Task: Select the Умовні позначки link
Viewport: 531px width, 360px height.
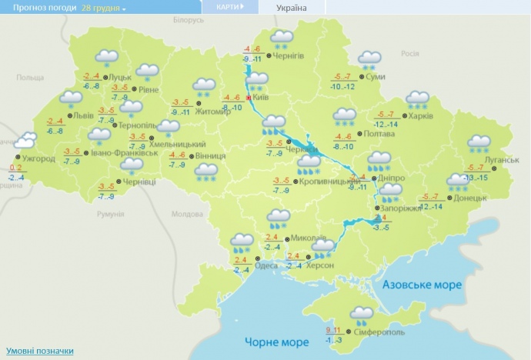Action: coord(39,349)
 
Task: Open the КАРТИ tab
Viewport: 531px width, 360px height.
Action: coord(228,7)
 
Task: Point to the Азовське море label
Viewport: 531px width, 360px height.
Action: coord(419,285)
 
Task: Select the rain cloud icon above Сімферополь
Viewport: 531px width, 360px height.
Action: coord(360,315)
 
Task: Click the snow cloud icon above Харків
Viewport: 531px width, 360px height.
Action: coord(417,99)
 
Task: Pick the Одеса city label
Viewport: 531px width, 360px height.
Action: coord(266,265)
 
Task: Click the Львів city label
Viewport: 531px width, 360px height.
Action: coord(83,115)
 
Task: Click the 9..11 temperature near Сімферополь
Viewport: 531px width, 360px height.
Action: coord(332,330)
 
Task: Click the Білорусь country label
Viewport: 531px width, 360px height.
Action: coord(188,18)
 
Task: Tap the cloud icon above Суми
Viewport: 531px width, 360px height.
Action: coord(369,58)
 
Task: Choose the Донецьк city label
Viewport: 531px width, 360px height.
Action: coord(471,198)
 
